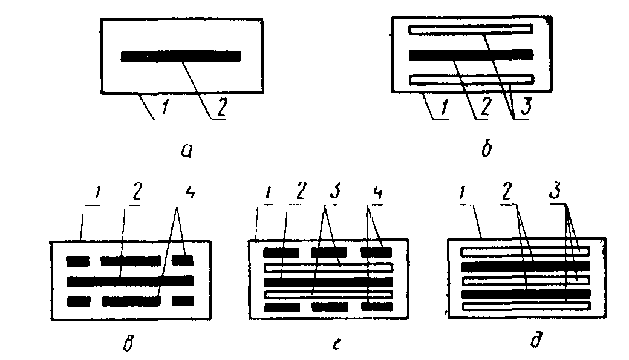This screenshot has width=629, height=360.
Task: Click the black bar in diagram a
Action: tap(181, 56)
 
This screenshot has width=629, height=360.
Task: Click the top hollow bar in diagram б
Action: tap(471, 28)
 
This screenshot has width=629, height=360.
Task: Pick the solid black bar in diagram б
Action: tap(471, 54)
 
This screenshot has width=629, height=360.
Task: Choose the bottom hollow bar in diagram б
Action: tap(471, 79)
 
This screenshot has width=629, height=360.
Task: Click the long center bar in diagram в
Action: tap(130, 281)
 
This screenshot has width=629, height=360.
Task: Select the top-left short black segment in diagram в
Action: tap(77, 261)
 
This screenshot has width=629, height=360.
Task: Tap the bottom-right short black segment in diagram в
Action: tap(183, 301)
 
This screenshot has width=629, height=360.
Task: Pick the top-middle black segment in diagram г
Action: tap(328, 252)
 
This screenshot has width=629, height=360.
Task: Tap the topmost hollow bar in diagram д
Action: tap(524, 251)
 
